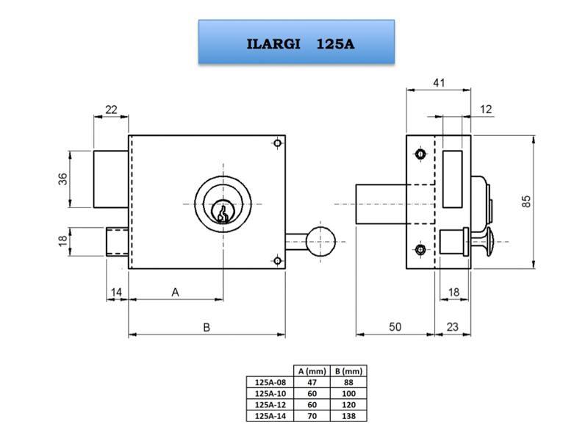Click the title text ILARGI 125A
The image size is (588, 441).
[300, 43]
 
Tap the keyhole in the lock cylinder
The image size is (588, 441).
[222, 212]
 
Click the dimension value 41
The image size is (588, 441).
[438, 83]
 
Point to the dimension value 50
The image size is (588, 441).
[395, 327]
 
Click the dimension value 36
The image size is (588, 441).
[62, 179]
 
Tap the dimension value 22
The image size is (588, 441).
[111, 110]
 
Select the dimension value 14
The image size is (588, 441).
[116, 292]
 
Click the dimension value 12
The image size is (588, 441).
[486, 110]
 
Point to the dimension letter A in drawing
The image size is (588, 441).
[175, 292]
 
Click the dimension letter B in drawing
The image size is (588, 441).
[207, 327]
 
